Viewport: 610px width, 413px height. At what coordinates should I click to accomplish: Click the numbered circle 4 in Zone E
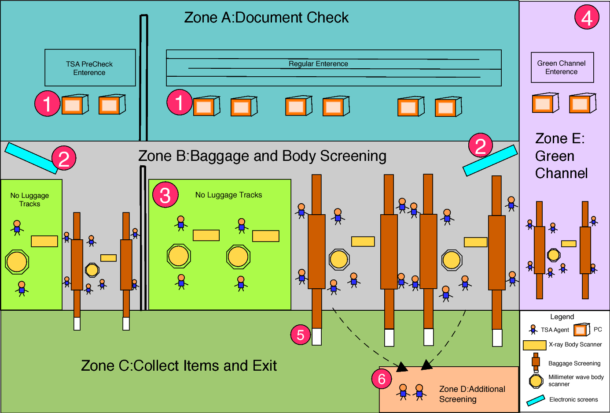[587, 17]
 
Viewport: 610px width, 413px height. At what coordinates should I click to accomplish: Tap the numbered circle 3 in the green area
[165, 195]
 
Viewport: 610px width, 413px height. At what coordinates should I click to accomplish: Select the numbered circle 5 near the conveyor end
[301, 335]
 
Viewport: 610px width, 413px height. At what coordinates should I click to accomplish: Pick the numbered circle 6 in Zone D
[382, 378]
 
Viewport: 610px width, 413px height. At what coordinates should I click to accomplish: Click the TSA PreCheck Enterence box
[90, 68]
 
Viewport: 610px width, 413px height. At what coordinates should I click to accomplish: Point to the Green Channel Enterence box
[562, 67]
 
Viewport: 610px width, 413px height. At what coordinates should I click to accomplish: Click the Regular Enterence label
[318, 64]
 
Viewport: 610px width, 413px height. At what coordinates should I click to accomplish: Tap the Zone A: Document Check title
[266, 18]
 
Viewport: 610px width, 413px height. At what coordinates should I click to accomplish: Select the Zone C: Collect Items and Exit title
[179, 365]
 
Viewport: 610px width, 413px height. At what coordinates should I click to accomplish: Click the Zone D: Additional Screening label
[472, 394]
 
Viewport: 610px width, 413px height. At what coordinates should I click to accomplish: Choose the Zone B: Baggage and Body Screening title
[262, 156]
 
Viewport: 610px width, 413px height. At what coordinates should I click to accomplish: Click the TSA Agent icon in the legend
[533, 329]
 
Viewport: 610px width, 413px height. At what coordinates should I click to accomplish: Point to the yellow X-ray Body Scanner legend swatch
[534, 345]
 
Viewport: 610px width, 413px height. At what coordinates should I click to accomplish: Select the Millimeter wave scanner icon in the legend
[536, 381]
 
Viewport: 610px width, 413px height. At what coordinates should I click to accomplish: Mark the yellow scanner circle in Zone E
[554, 255]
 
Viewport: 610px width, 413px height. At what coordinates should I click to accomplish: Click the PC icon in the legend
[581, 329]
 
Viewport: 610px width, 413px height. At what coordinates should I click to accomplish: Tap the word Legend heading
[562, 317]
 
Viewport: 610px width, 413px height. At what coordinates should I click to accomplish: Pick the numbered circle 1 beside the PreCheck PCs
[48, 104]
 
